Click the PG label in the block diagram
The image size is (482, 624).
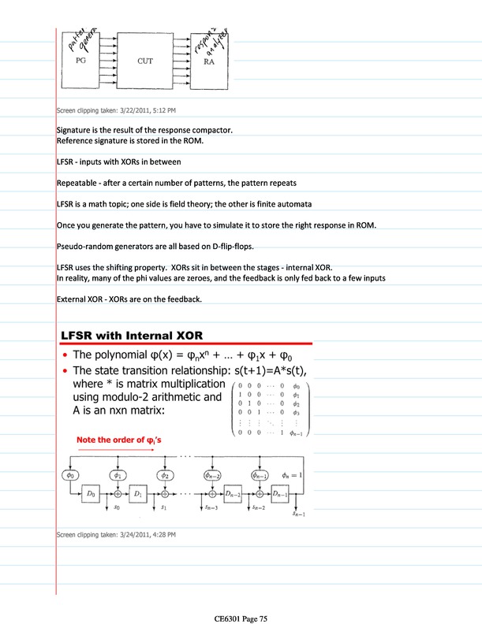(80, 60)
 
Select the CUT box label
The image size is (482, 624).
(145, 60)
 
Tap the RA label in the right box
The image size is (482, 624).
(209, 61)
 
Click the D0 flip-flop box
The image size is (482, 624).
(92, 493)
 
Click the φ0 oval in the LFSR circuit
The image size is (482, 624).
(72, 475)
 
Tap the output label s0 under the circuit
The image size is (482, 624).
(117, 509)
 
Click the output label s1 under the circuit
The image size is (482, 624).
(164, 509)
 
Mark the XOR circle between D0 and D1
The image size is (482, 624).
(118, 493)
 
